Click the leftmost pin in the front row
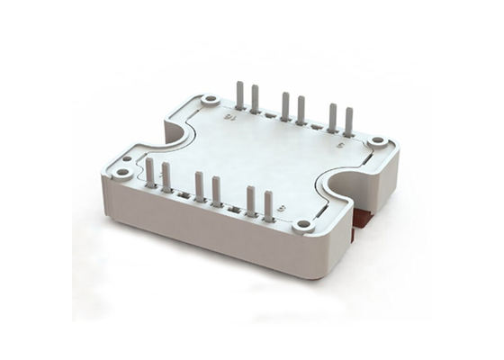[x=150, y=172]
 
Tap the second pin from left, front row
[x=166, y=177]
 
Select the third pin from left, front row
[x=200, y=186]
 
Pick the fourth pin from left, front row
[x=217, y=191]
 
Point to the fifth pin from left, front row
[x=251, y=201]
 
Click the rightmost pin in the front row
[x=268, y=206]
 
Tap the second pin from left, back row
[x=256, y=99]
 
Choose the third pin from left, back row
[x=285, y=105]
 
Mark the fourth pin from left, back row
[x=301, y=110]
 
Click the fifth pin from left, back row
[x=333, y=117]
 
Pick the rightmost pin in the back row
[x=349, y=121]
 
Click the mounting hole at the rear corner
[x=210, y=100]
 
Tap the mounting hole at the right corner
[x=377, y=141]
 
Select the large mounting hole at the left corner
[x=121, y=172]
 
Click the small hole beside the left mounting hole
[x=126, y=158]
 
